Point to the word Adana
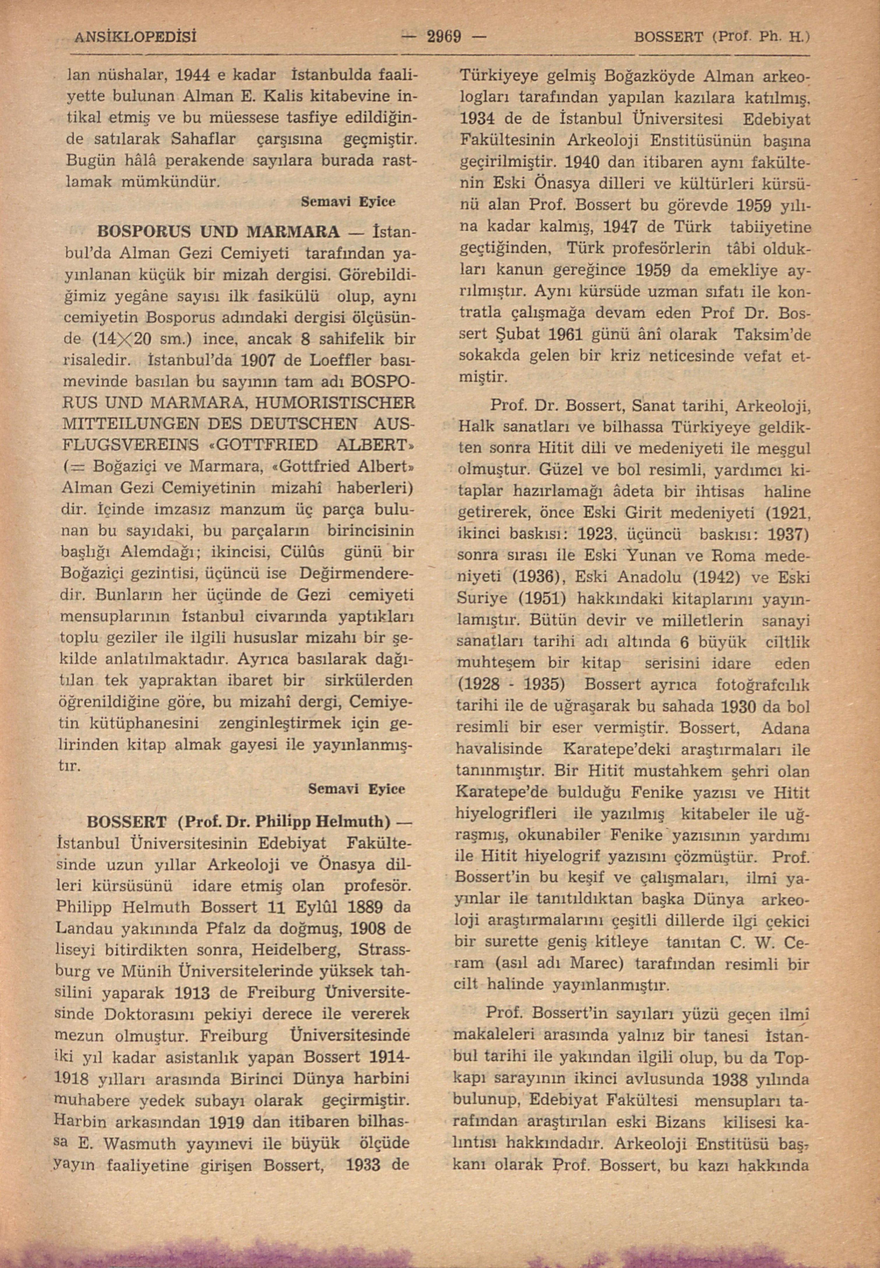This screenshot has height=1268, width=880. pos(785,728)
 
